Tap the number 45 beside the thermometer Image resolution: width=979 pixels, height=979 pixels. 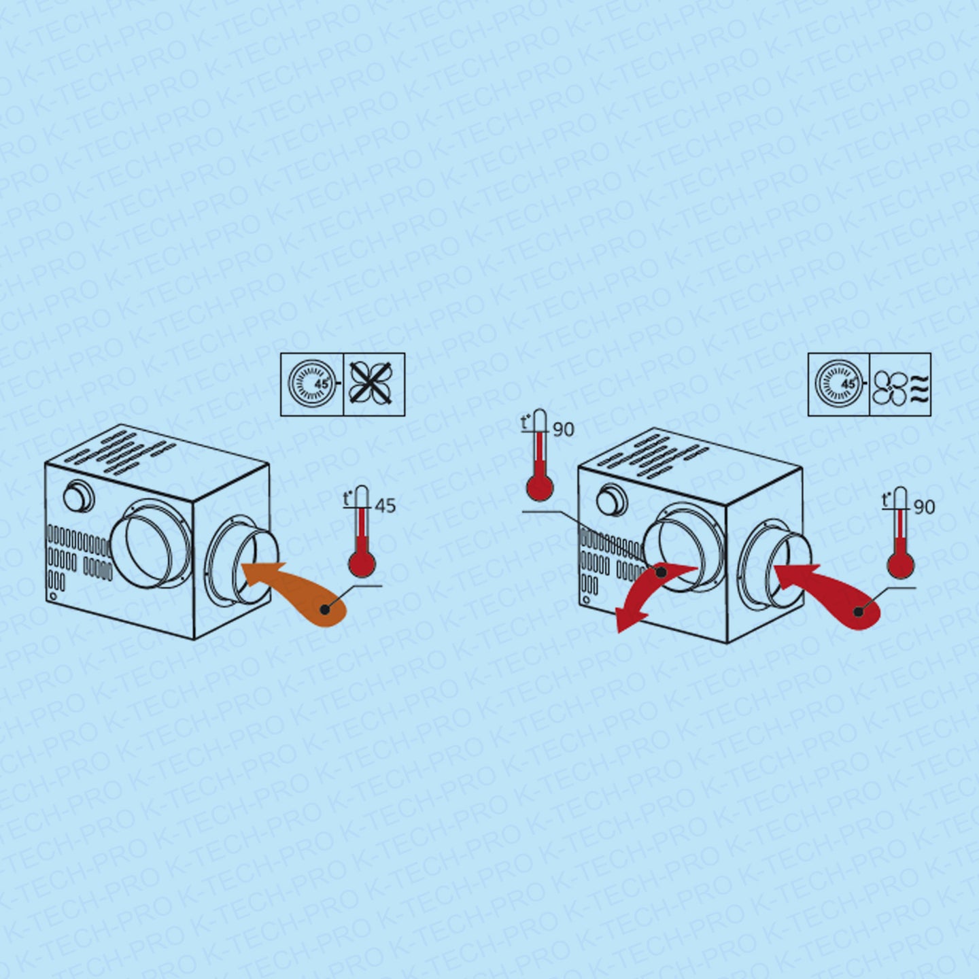(385, 506)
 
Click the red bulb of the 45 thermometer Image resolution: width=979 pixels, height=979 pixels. (362, 563)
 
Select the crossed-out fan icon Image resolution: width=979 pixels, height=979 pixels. (375, 385)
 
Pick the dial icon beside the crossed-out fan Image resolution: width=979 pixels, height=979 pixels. (312, 385)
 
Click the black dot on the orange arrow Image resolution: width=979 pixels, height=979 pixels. (324, 608)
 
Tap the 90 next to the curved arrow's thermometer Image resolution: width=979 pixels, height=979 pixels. (564, 430)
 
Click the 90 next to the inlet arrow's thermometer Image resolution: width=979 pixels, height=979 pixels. (924, 508)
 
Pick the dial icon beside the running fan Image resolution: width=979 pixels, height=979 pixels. (839, 385)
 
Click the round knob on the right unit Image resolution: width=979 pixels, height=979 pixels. (612, 498)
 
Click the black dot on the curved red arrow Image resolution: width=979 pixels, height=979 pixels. (661, 572)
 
